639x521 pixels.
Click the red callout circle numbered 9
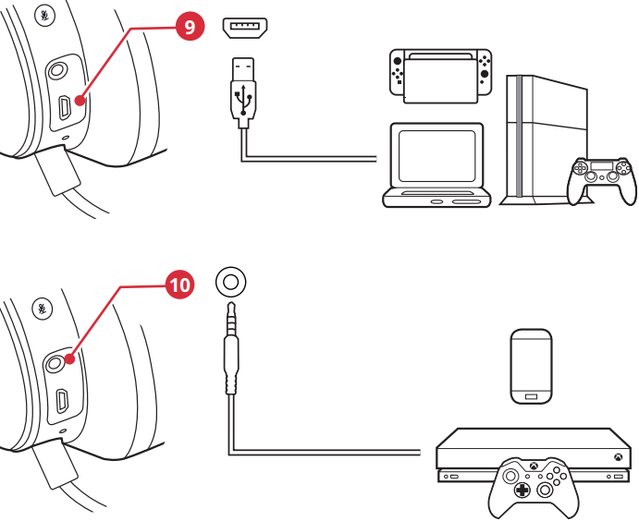189,27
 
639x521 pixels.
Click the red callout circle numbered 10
179,285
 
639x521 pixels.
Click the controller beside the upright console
602,177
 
